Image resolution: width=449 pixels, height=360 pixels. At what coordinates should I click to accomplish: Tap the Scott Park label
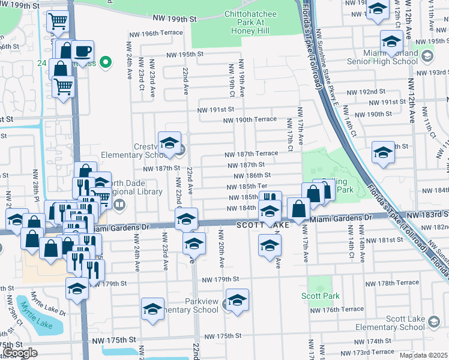coord(320,296)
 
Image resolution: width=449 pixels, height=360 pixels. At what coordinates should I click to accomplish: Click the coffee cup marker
coord(83,52)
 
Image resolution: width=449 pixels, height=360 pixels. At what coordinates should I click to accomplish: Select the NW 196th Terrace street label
coord(157,34)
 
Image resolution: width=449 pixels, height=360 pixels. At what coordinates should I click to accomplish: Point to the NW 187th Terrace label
coord(251,154)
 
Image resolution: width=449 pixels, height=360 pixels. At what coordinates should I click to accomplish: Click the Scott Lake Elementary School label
coord(389,323)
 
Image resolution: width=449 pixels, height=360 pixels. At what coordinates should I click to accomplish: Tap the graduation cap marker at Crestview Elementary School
coord(170,143)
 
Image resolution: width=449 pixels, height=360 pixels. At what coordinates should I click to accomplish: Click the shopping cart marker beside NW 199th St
coord(58,22)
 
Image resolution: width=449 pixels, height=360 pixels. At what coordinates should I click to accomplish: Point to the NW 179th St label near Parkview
coord(220,280)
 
